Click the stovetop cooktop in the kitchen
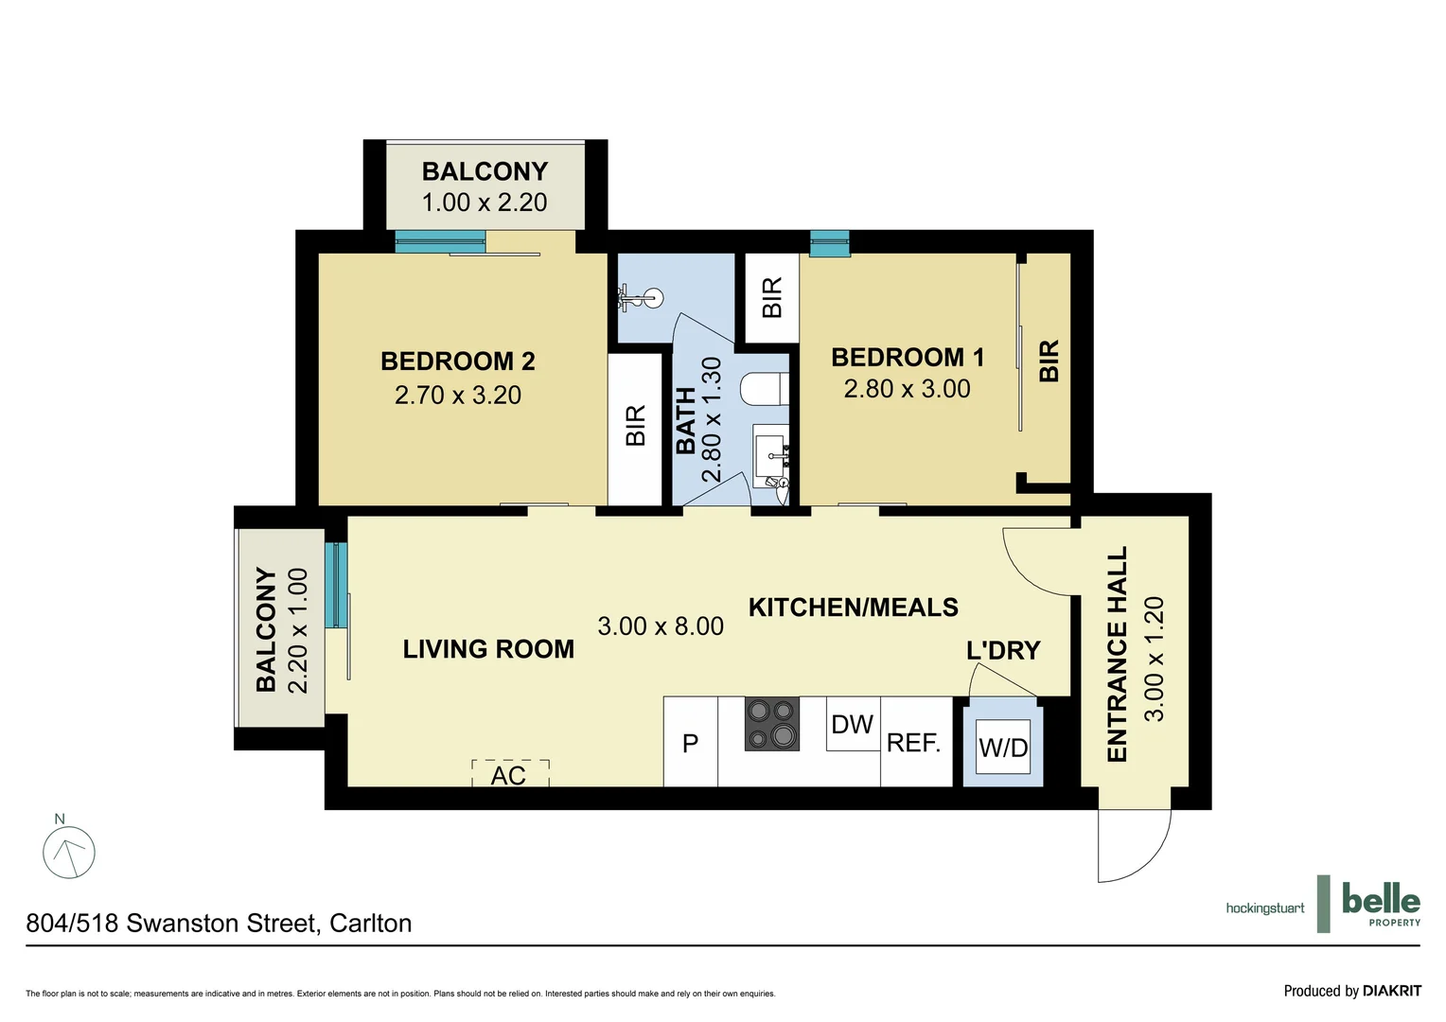(772, 724)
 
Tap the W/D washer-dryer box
(1003, 748)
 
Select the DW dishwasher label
(852, 725)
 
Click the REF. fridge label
(913, 743)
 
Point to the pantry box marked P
(690, 744)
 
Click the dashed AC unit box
(509, 774)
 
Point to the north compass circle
(69, 853)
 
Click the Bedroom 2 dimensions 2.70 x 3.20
(458, 395)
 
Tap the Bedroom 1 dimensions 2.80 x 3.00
(907, 389)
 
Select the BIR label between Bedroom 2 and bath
(635, 425)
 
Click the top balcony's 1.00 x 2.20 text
(485, 202)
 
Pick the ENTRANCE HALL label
(1118, 654)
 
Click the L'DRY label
(1003, 650)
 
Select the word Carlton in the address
(370, 923)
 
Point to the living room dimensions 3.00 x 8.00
(661, 626)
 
